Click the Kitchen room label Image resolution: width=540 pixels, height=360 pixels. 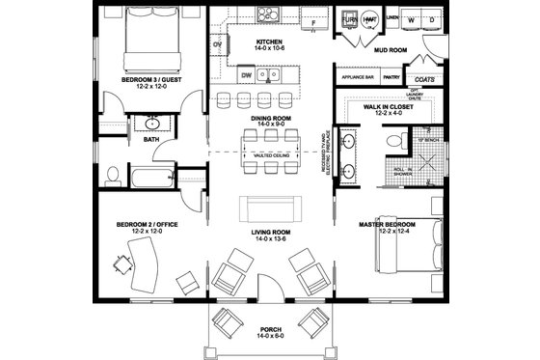click(x=268, y=43)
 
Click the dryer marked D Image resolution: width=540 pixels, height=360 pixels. click(x=425, y=19)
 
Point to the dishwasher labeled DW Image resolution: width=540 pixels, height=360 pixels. click(x=248, y=74)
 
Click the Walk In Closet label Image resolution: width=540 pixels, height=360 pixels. click(x=390, y=109)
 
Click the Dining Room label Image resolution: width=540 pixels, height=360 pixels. click(x=268, y=119)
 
